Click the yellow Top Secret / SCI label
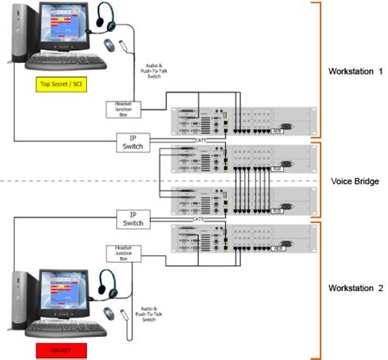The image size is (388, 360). (x=58, y=84)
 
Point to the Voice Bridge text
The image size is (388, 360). (x=353, y=180)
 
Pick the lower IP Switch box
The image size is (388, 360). (x=132, y=218)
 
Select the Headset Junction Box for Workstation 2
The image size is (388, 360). (x=120, y=253)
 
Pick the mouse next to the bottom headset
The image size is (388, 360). (x=110, y=313)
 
